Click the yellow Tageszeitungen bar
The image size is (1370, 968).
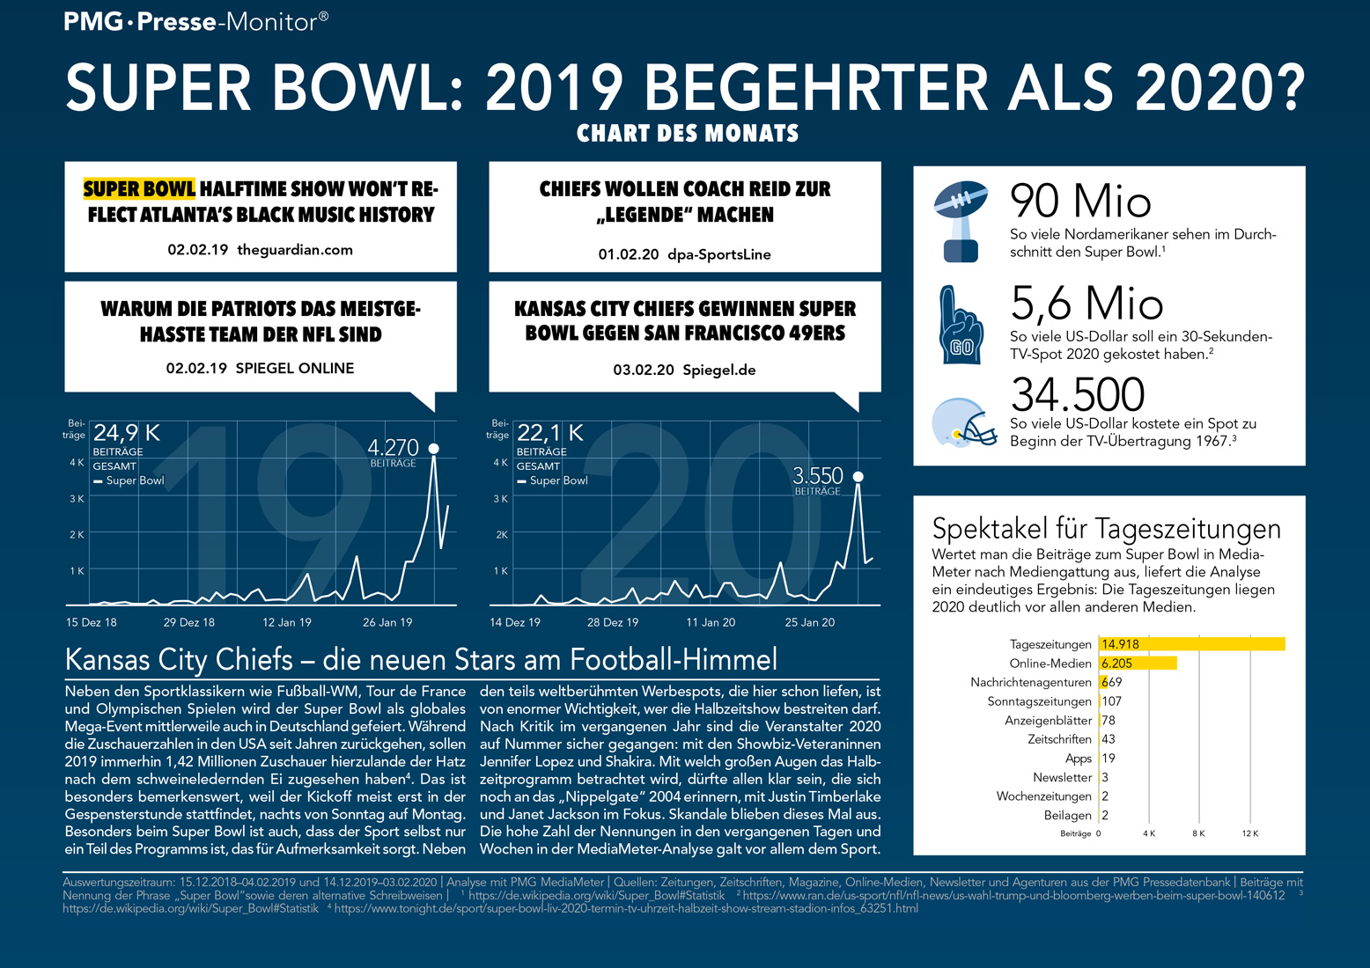(1192, 644)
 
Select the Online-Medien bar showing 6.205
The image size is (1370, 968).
(1138, 664)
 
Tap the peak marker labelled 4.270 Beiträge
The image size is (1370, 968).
(433, 449)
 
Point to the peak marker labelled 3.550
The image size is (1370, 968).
(858, 476)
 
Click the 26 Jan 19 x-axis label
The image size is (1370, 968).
(387, 622)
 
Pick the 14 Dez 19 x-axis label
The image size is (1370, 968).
(515, 622)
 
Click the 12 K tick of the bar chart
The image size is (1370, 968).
(1250, 833)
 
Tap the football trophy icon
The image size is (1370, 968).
(960, 221)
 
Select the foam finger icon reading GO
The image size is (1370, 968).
(960, 325)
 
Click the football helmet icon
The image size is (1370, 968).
(963, 422)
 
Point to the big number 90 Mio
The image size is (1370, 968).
(1080, 202)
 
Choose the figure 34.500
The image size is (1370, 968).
(1078, 394)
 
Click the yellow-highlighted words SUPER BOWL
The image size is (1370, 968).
(139, 189)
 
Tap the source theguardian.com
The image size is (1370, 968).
(295, 250)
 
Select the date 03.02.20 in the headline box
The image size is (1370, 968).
(644, 370)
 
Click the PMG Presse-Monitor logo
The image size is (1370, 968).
(196, 21)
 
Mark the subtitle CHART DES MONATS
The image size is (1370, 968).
(688, 134)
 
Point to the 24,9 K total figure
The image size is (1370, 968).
(127, 433)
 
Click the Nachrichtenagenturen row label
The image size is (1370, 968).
(1031, 683)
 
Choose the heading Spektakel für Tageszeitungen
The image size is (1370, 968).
(1106, 529)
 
